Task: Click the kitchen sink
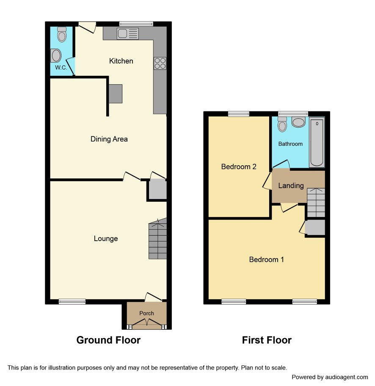click(128, 34)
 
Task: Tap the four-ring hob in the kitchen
click(160, 63)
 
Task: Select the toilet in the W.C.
click(62, 34)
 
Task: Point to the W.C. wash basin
click(56, 56)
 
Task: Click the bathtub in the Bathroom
click(317, 142)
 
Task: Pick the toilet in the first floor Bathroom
click(282, 124)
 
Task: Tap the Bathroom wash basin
click(298, 122)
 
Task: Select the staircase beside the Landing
click(316, 203)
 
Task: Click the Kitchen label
click(121, 61)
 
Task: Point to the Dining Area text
click(109, 139)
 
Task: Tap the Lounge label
click(106, 238)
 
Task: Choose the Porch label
click(146, 313)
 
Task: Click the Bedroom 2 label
click(239, 167)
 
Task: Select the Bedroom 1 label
click(267, 259)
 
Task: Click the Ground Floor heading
click(108, 340)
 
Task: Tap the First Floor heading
click(267, 340)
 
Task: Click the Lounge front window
click(72, 302)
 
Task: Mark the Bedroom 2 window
click(239, 114)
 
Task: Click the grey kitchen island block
click(115, 94)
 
